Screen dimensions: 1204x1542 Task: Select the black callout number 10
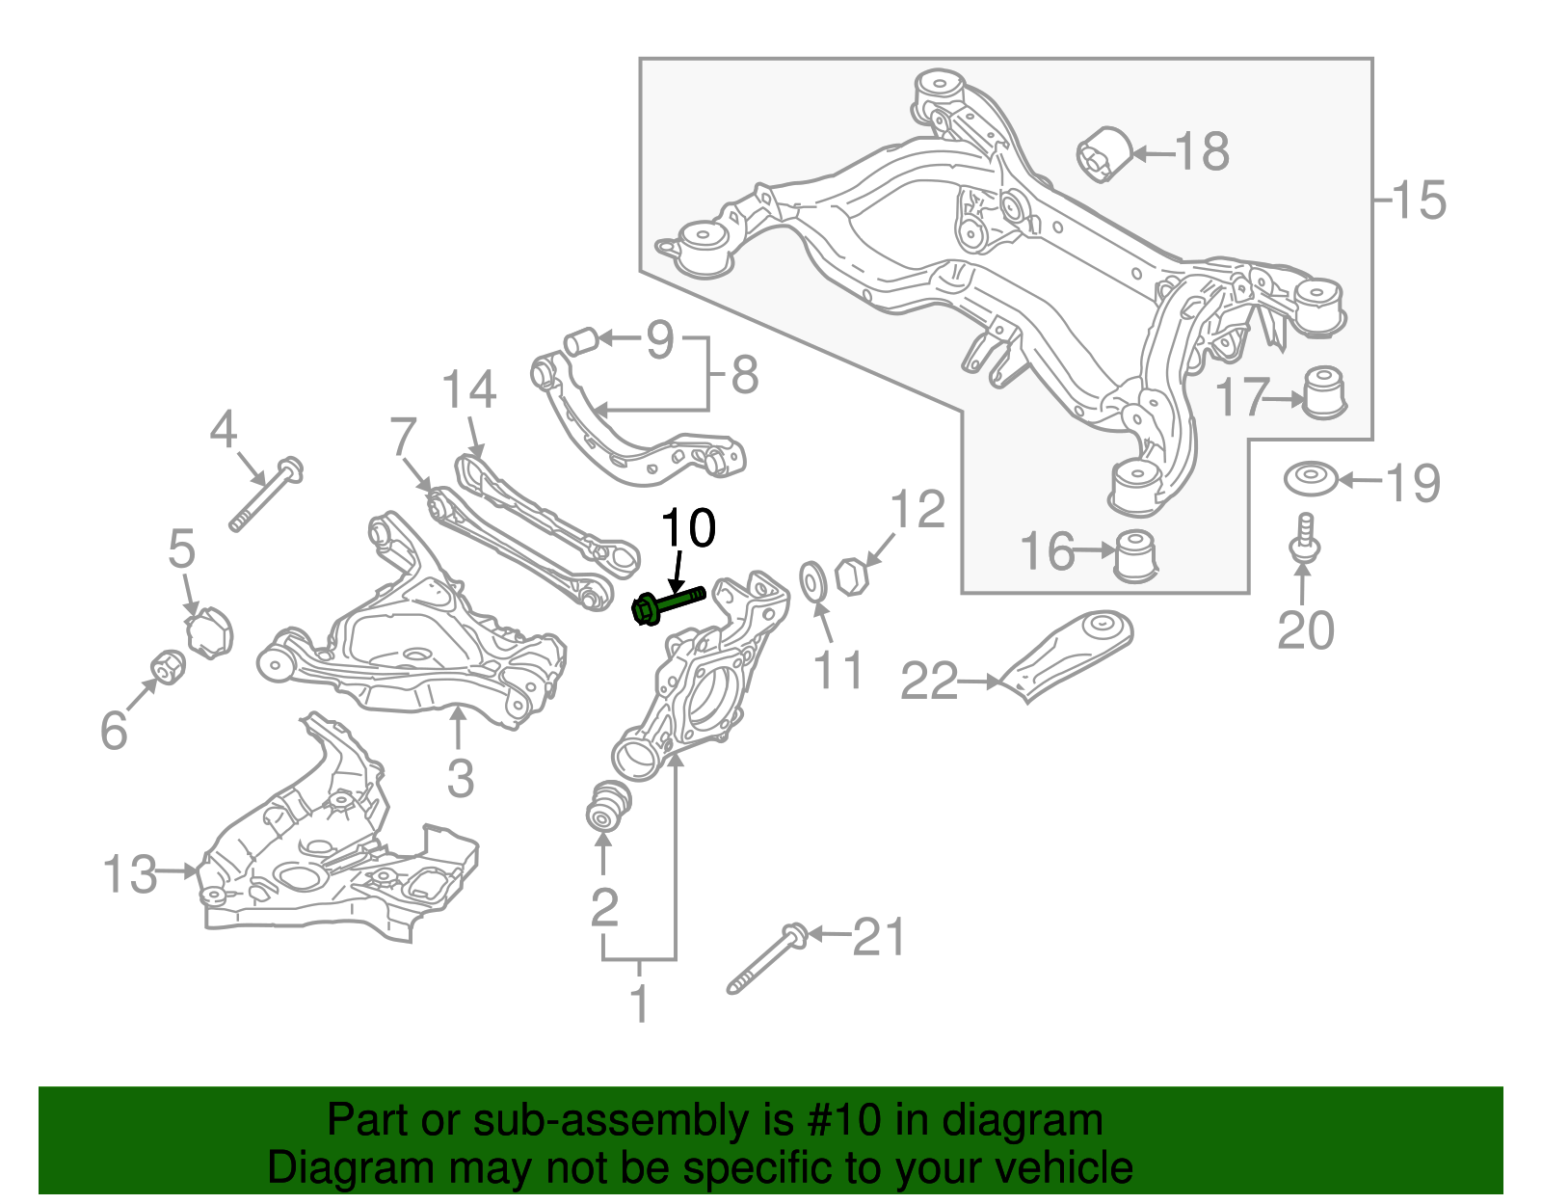pyautogui.click(x=687, y=528)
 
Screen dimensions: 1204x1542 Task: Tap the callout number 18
pyautogui.click(x=1202, y=151)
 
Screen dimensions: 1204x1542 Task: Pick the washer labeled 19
pyautogui.click(x=1310, y=479)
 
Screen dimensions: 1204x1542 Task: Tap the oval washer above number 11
pyautogui.click(x=813, y=581)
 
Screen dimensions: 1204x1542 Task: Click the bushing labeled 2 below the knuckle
pyautogui.click(x=608, y=805)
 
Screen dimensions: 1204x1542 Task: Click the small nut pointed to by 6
pyautogui.click(x=169, y=666)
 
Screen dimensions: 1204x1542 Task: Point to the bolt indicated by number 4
pyautogui.click(x=266, y=495)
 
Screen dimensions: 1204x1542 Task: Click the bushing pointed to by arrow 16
pyautogui.click(x=1135, y=556)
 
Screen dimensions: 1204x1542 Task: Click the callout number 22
pyautogui.click(x=928, y=682)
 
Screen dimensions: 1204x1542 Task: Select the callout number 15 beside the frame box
pyautogui.click(x=1419, y=200)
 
